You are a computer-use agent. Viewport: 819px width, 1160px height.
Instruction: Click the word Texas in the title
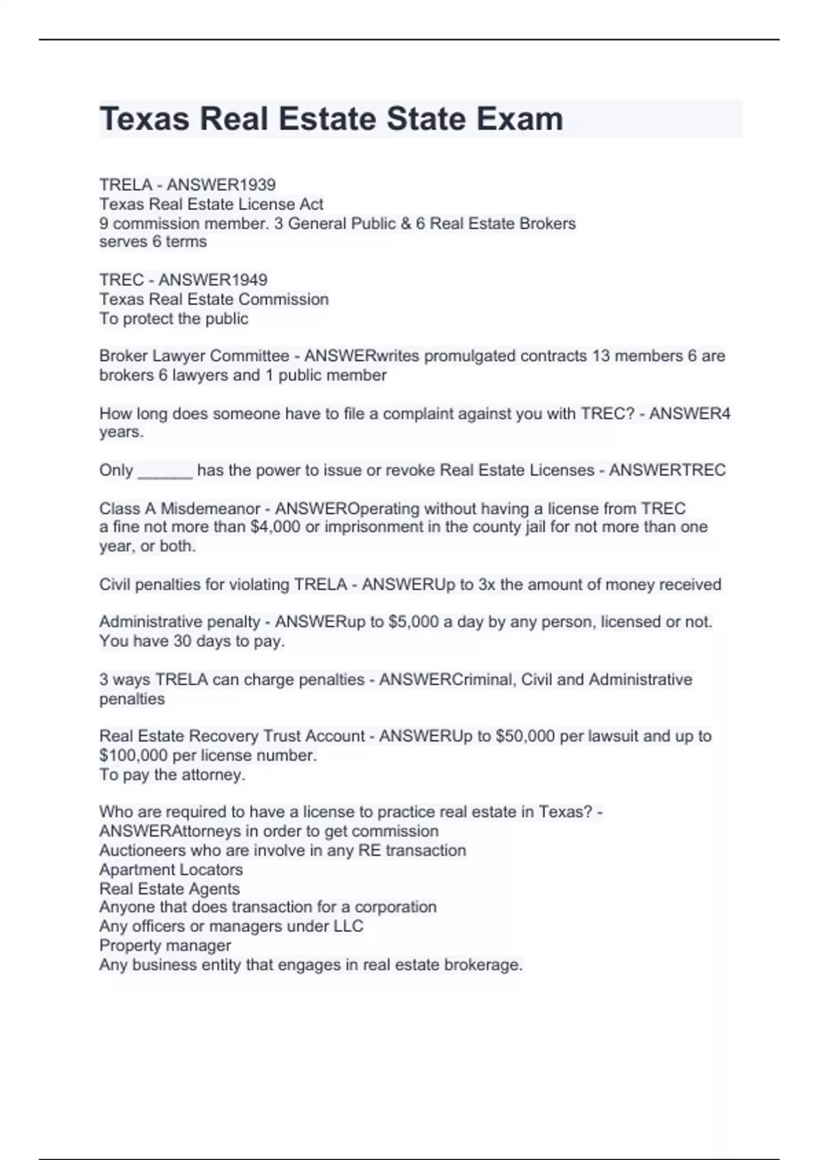(144, 119)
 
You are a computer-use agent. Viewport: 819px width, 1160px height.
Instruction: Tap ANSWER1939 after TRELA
(221, 185)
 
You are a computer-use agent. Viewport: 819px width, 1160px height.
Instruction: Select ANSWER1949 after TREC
(213, 280)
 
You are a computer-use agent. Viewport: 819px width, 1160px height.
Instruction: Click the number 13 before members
(601, 356)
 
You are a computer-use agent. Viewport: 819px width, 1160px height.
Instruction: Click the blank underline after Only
(165, 471)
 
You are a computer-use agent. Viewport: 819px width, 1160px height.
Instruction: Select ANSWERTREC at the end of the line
(667, 471)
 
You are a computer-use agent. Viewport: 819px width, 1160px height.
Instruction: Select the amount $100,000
(133, 756)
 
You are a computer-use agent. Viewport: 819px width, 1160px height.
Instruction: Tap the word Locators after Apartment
(210, 870)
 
